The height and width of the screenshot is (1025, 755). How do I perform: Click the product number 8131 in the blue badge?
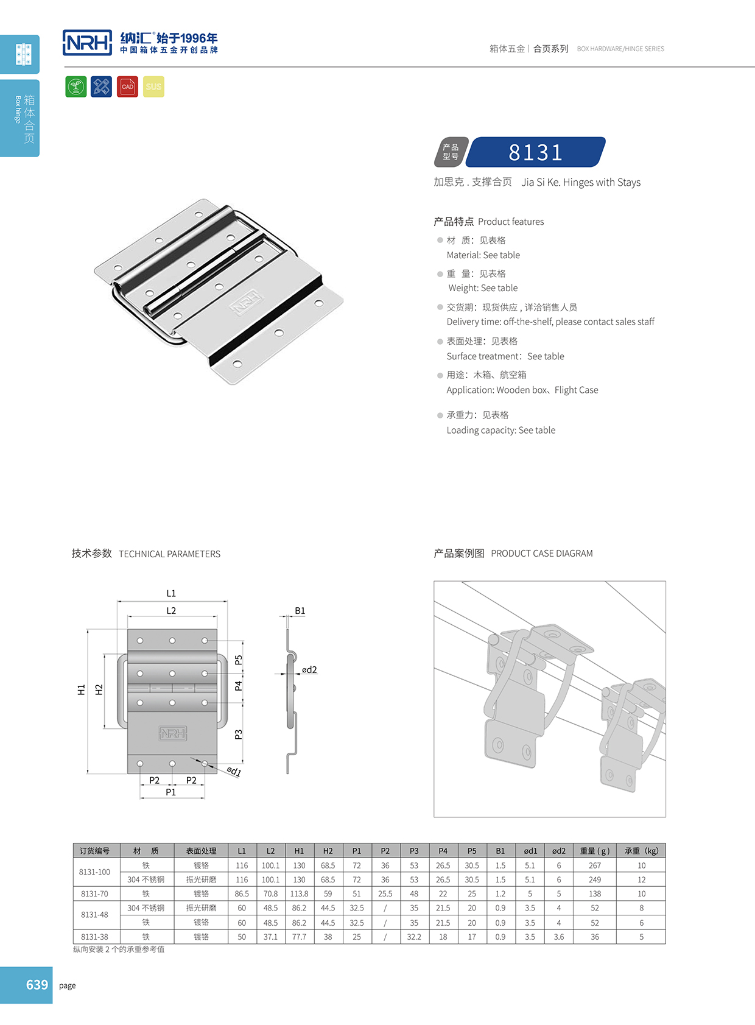coord(536,152)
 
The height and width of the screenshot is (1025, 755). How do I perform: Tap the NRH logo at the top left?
coord(88,43)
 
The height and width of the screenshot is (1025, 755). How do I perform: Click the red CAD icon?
coord(127,86)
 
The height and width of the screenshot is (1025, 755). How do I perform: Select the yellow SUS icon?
coord(153,86)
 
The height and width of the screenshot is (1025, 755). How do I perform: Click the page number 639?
coord(37,985)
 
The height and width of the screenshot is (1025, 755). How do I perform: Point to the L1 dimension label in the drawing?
coord(171,593)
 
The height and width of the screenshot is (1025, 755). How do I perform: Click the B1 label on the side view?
coord(300,610)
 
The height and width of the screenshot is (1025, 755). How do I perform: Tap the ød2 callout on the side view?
coord(309,669)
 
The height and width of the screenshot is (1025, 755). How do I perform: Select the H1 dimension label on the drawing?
coord(81,689)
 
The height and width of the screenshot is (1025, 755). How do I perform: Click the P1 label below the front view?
coord(171,792)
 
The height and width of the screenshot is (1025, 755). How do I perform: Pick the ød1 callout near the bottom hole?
coord(234,772)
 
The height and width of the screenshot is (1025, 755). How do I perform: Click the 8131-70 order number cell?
coord(94,893)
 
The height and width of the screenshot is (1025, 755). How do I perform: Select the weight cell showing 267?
coord(594,865)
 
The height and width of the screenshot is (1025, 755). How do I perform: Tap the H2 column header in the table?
coord(328,851)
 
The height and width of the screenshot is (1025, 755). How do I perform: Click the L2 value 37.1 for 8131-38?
coord(270,937)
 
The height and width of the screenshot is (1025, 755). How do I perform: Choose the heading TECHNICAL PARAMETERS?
coord(169,554)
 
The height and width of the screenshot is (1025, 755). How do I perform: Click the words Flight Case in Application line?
coord(576,390)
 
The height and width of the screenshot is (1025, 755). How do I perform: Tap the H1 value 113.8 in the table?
coord(299,893)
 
